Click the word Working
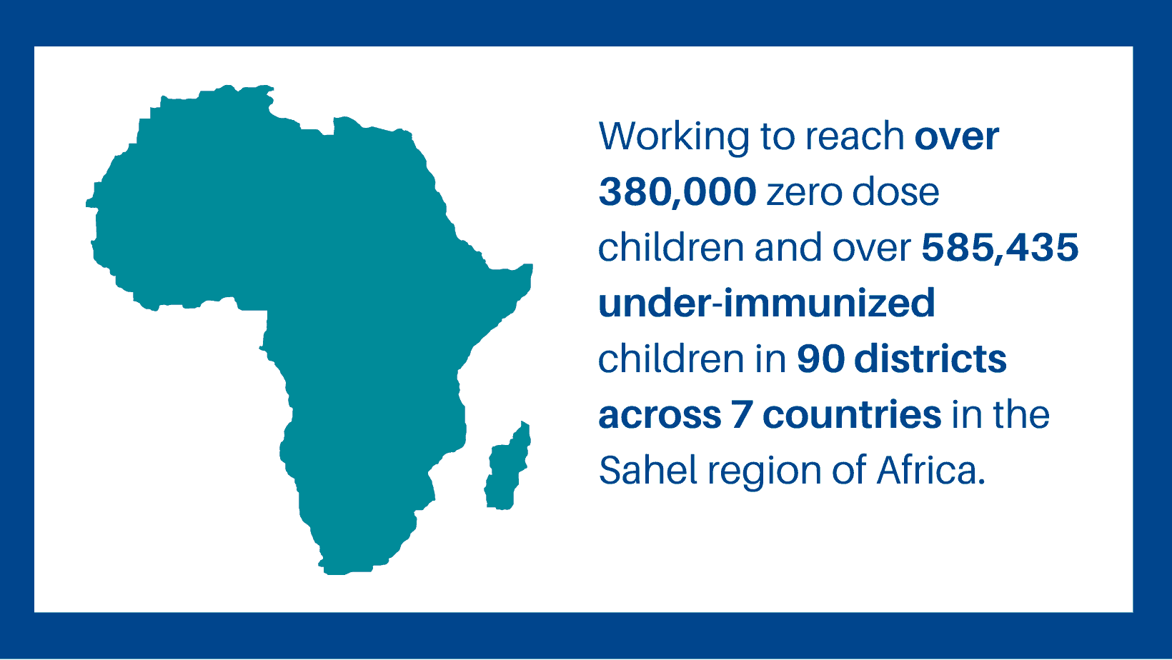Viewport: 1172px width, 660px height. point(675,138)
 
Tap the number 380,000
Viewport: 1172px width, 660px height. point(677,192)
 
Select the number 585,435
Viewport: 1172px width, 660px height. point(1000,247)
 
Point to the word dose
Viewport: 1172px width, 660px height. point(895,192)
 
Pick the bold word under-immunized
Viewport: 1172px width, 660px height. point(767,303)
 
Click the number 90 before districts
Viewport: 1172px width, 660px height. point(820,359)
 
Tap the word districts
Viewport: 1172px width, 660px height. point(930,359)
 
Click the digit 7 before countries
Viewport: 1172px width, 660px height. point(742,415)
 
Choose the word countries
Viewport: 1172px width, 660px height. point(852,414)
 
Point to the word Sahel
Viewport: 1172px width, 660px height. point(648,470)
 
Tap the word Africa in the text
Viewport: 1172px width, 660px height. point(931,470)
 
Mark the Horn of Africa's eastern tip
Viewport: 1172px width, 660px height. point(532,266)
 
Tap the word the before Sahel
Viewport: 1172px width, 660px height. point(1020,414)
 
